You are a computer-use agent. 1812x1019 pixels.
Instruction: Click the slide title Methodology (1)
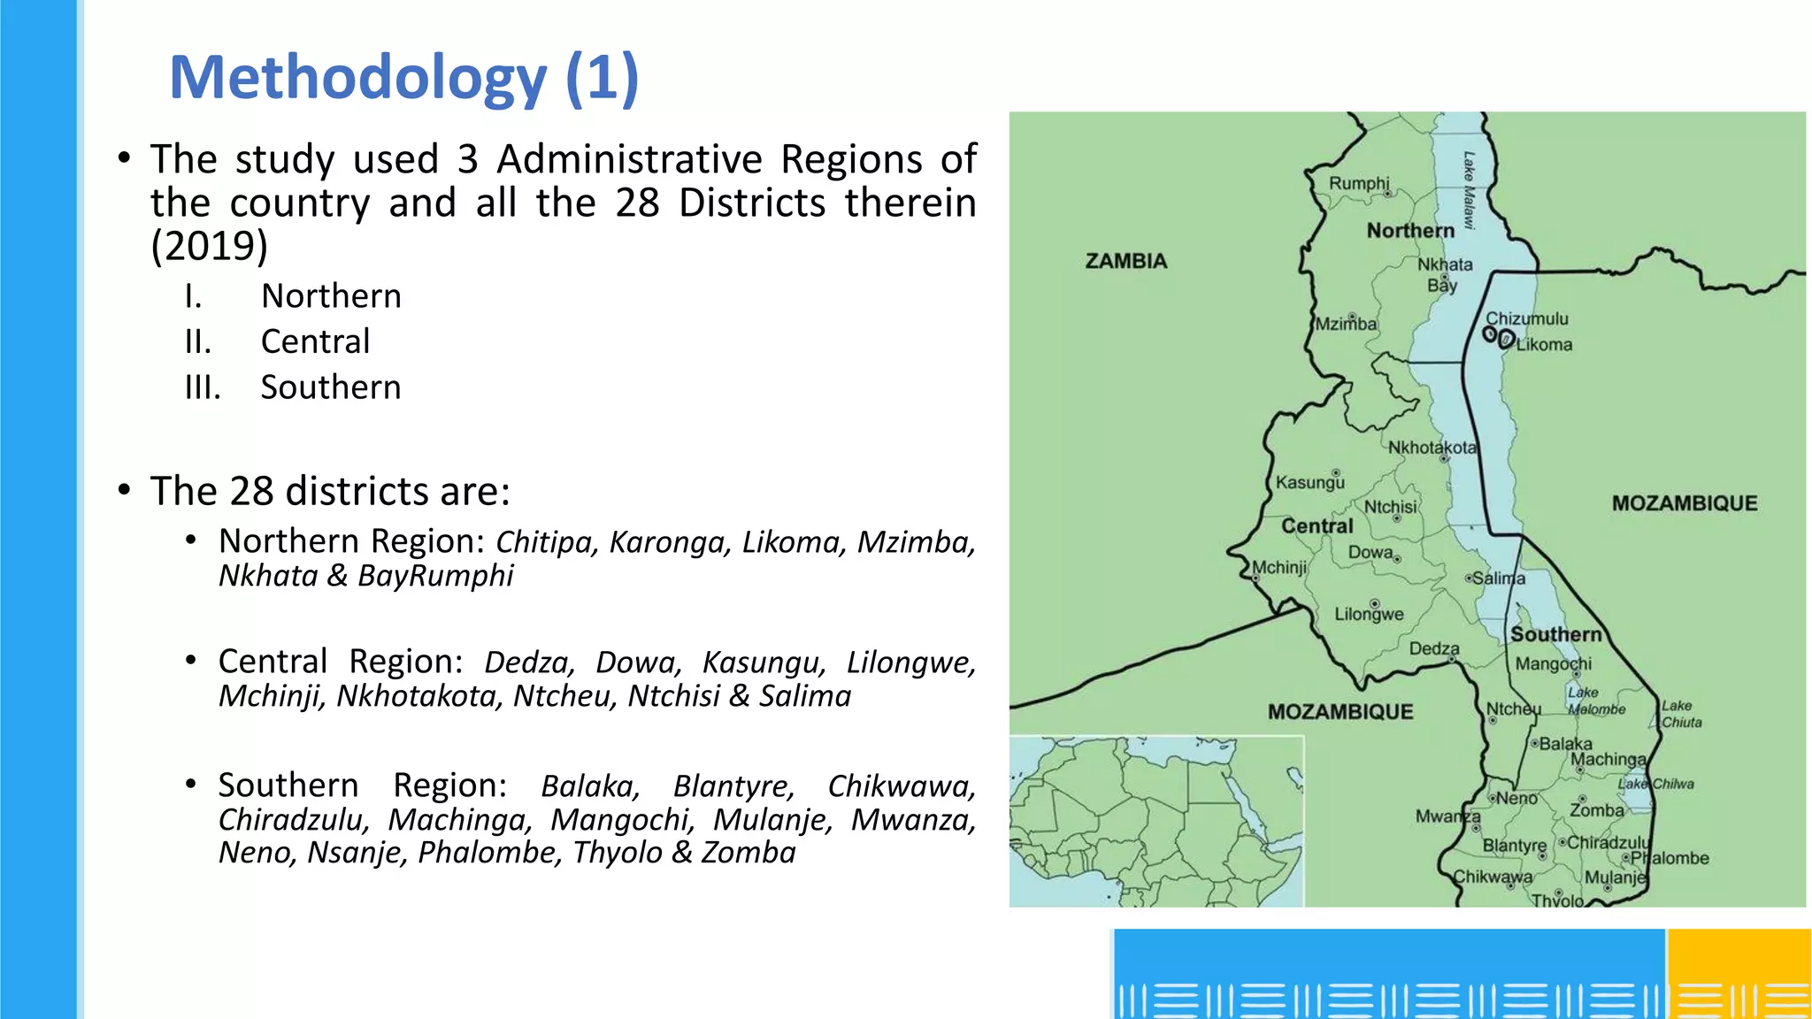pos(403,78)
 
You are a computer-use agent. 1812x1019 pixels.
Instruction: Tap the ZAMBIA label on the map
pos(1125,261)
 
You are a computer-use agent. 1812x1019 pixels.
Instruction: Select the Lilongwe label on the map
pos(1369,615)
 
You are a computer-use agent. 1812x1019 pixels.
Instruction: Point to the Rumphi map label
pos(1359,183)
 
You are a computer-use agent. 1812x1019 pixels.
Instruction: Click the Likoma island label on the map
pos(1544,345)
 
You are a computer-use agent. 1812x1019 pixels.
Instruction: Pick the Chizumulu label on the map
pos(1526,318)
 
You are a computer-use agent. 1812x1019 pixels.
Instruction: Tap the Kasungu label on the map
pos(1309,483)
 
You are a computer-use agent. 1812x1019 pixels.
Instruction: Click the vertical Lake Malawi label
pos(1469,190)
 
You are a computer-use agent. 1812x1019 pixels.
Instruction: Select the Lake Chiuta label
pos(1681,714)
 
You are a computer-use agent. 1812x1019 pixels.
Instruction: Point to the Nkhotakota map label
pos(1432,448)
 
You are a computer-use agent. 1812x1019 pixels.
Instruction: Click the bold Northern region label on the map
pos(1410,231)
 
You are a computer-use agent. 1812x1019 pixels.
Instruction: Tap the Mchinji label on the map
pos(1279,567)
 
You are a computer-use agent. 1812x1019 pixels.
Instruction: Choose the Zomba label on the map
pos(1596,810)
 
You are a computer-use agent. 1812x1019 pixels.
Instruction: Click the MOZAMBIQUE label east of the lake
pos(1684,503)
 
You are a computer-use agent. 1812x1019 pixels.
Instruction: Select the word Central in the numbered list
pos(315,341)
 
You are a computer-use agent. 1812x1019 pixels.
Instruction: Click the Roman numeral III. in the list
pos(203,387)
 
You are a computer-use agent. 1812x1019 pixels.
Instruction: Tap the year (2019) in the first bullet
pos(209,246)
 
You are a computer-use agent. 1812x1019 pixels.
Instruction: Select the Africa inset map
pos(1156,821)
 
